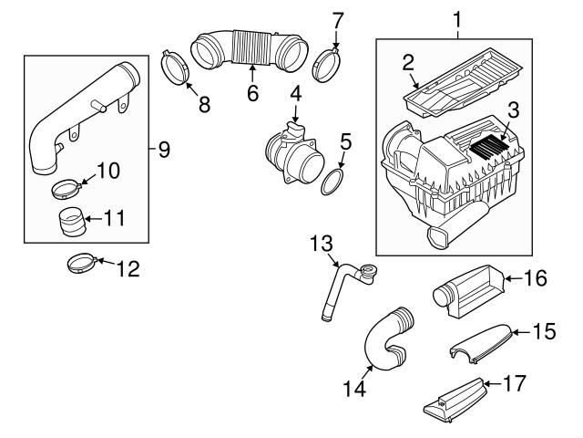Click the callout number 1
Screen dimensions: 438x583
[456, 17]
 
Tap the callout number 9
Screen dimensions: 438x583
[163, 149]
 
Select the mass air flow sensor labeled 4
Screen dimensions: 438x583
[292, 154]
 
